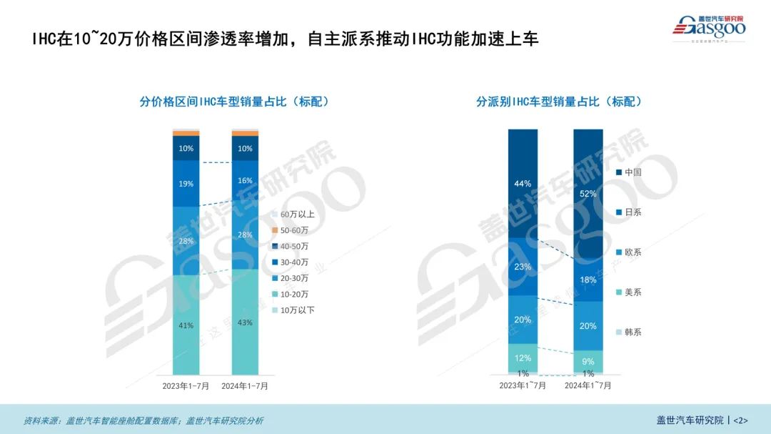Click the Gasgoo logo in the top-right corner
709,27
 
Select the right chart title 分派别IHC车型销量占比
559,102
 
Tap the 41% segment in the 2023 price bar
186,325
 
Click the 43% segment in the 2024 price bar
245,322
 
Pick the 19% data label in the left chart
186,183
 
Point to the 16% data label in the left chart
245,181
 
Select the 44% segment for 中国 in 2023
523,184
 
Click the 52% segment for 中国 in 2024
588,194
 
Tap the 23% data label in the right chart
523,267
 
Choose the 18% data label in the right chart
588,280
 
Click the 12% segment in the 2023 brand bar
523,357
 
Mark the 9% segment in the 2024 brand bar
588,362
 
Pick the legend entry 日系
632,212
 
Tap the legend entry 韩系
632,332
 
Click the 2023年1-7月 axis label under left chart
186,385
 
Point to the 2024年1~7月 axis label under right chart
588,385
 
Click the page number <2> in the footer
740,420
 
